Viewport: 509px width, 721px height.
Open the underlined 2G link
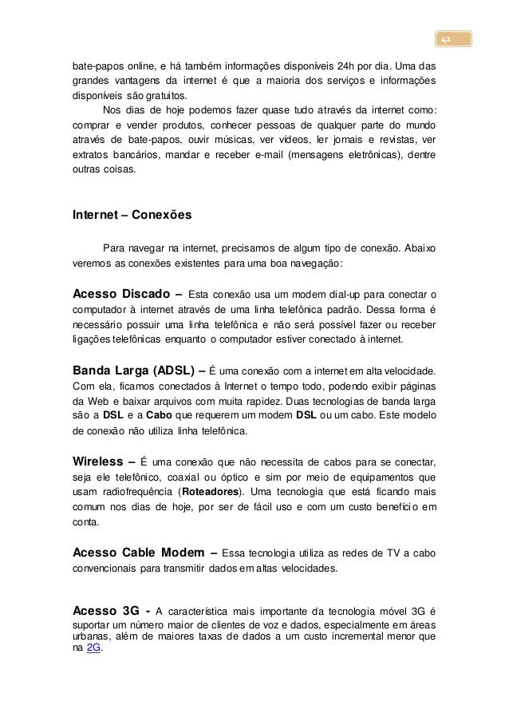coord(93,648)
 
